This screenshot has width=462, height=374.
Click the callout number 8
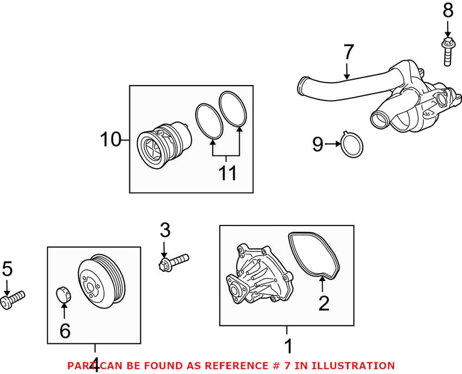click(448, 10)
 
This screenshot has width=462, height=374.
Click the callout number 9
click(318, 144)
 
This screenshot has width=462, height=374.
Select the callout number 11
click(228, 173)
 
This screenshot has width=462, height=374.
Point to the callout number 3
click(165, 231)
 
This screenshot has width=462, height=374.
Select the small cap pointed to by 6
click(62, 294)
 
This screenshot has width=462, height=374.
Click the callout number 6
click(64, 331)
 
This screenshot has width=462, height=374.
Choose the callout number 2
click(323, 303)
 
